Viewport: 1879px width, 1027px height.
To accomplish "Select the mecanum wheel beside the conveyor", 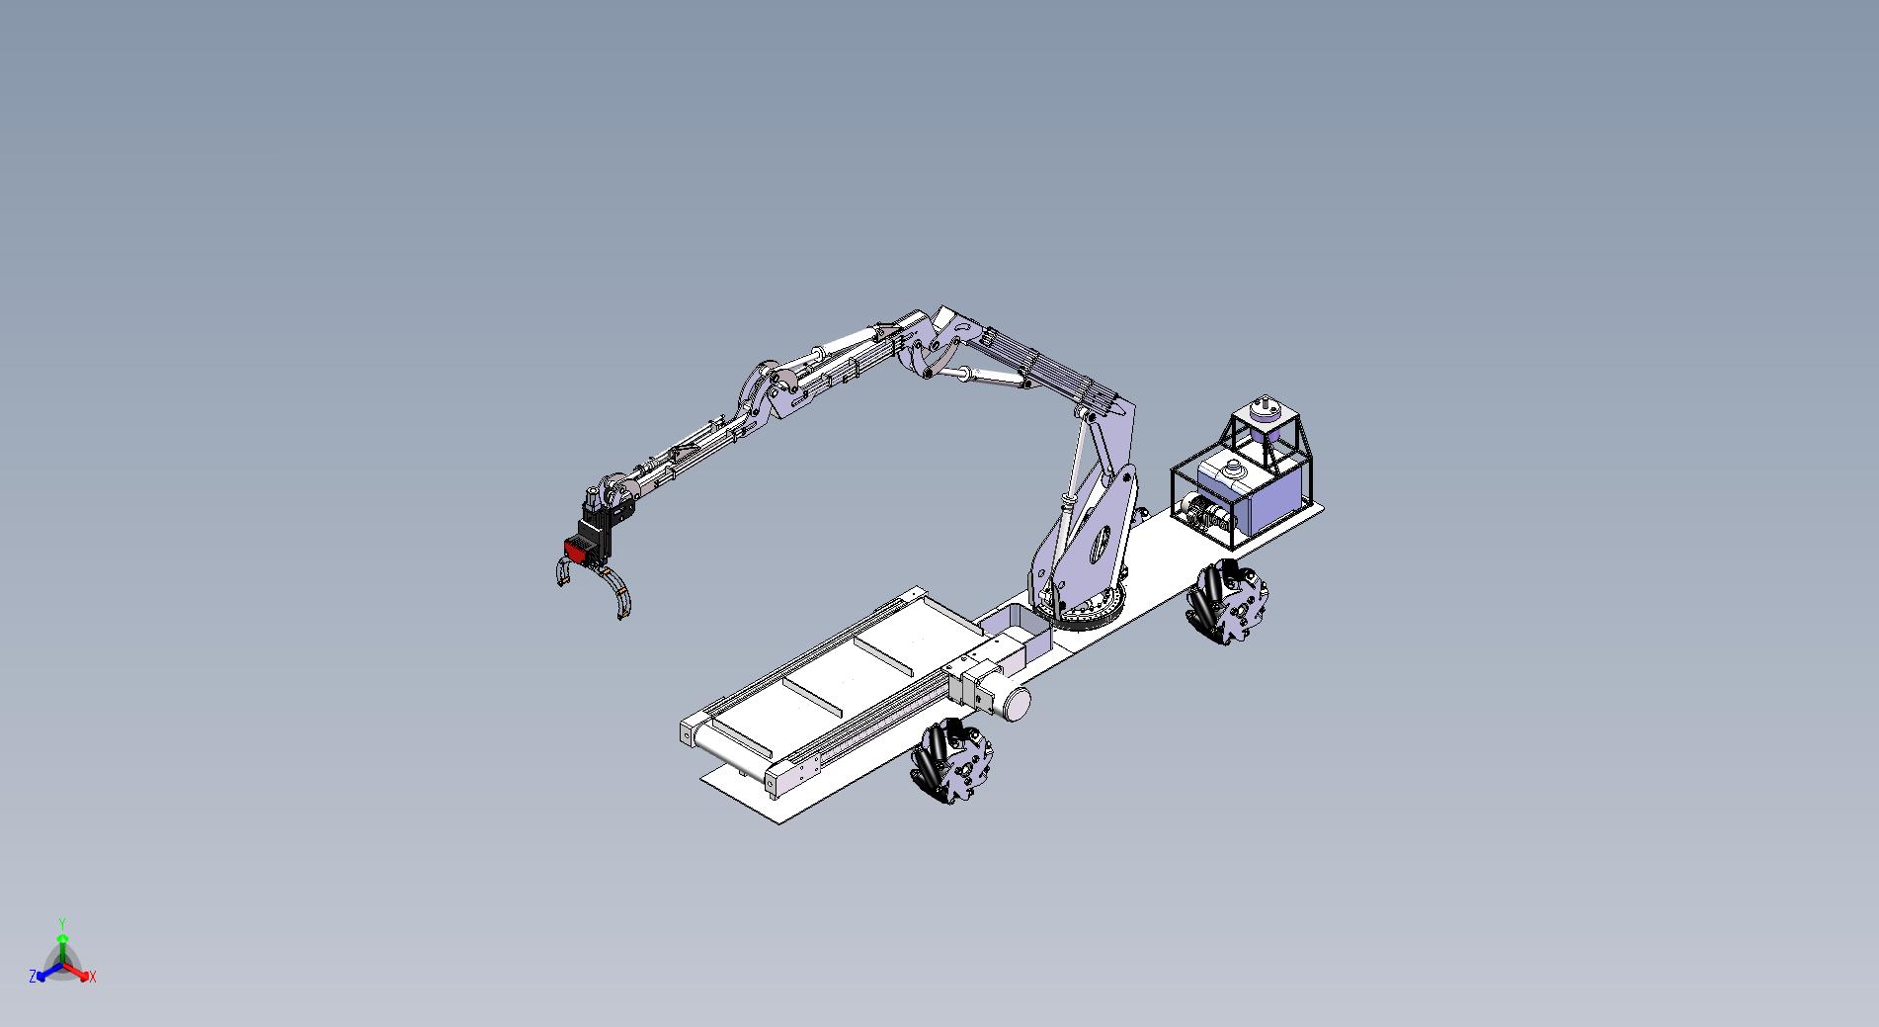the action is click(945, 760).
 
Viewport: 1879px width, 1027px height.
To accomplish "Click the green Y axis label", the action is click(61, 923).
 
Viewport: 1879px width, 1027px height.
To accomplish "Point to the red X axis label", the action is click(93, 977).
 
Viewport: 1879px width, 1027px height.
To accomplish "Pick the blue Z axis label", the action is click(33, 976).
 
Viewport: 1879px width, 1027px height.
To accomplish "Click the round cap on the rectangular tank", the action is click(1231, 469).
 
